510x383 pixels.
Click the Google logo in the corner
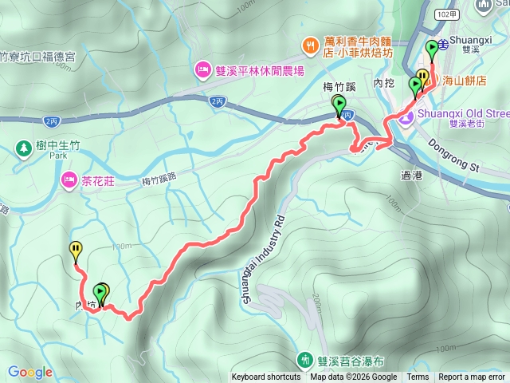pos(30,372)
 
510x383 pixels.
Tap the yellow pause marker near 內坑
pos(76,251)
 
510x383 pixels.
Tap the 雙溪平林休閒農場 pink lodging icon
pos(202,70)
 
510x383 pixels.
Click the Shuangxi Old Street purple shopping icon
pos(406,118)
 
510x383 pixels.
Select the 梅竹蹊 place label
pos(339,89)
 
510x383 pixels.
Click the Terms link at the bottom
pos(418,377)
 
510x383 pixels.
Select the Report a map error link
pos(472,377)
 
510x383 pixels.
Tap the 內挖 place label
pos(383,83)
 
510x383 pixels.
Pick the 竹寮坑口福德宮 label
pos(37,57)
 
